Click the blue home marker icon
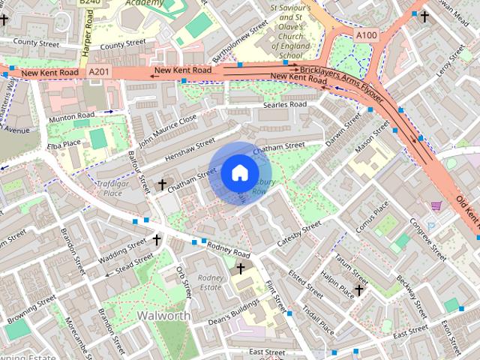(x=238, y=173)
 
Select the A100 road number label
(x=367, y=34)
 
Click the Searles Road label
(x=285, y=105)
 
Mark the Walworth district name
(x=163, y=316)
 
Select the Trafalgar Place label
(x=109, y=187)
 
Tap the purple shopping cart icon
(x=436, y=205)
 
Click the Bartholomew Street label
(x=238, y=40)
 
